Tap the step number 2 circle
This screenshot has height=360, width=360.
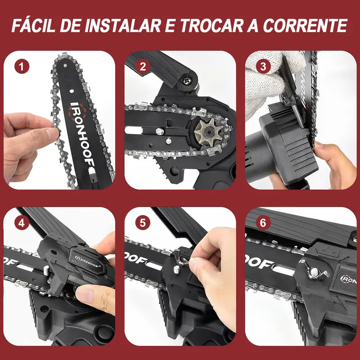pos(143,67)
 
